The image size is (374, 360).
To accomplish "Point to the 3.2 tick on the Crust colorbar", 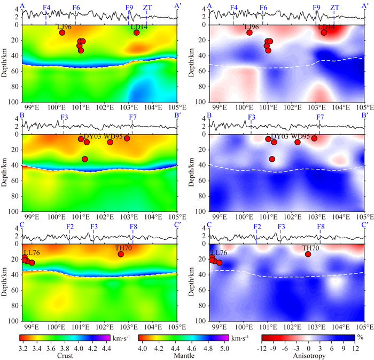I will pyautogui.click(x=23, y=347).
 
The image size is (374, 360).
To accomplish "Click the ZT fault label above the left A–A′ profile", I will pyautogui.click(x=147, y=7).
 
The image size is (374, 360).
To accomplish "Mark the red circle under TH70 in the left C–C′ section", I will pyautogui.click(x=121, y=254).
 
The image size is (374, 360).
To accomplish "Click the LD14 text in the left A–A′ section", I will pyautogui.click(x=141, y=27).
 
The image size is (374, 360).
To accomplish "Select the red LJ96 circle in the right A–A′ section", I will pyautogui.click(x=250, y=33).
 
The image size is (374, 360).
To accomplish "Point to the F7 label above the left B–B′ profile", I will pyautogui.click(x=133, y=117).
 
